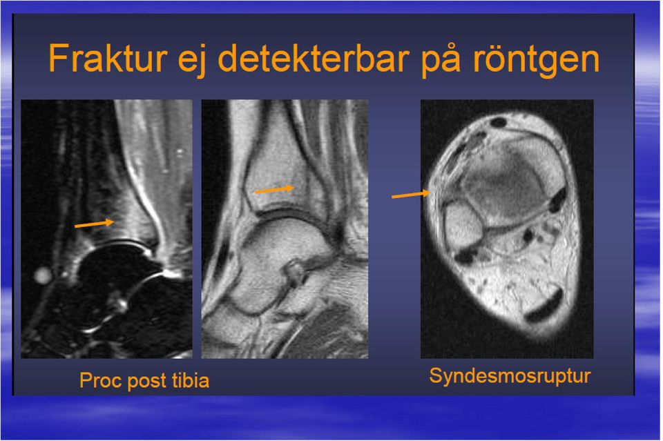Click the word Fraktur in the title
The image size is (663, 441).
pos(108,58)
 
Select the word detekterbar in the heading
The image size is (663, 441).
pos(314,58)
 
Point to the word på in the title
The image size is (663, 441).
pos(440,59)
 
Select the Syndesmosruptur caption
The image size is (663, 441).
pos(510,376)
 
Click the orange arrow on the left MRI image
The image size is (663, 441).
pos(95,224)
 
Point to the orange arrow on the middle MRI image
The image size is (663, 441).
pos(274,190)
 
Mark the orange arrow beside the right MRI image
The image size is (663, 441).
pos(411,195)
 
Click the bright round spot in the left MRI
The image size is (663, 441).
pos(42,276)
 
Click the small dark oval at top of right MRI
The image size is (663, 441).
pos(498,123)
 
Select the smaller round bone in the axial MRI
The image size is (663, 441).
pos(462,223)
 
